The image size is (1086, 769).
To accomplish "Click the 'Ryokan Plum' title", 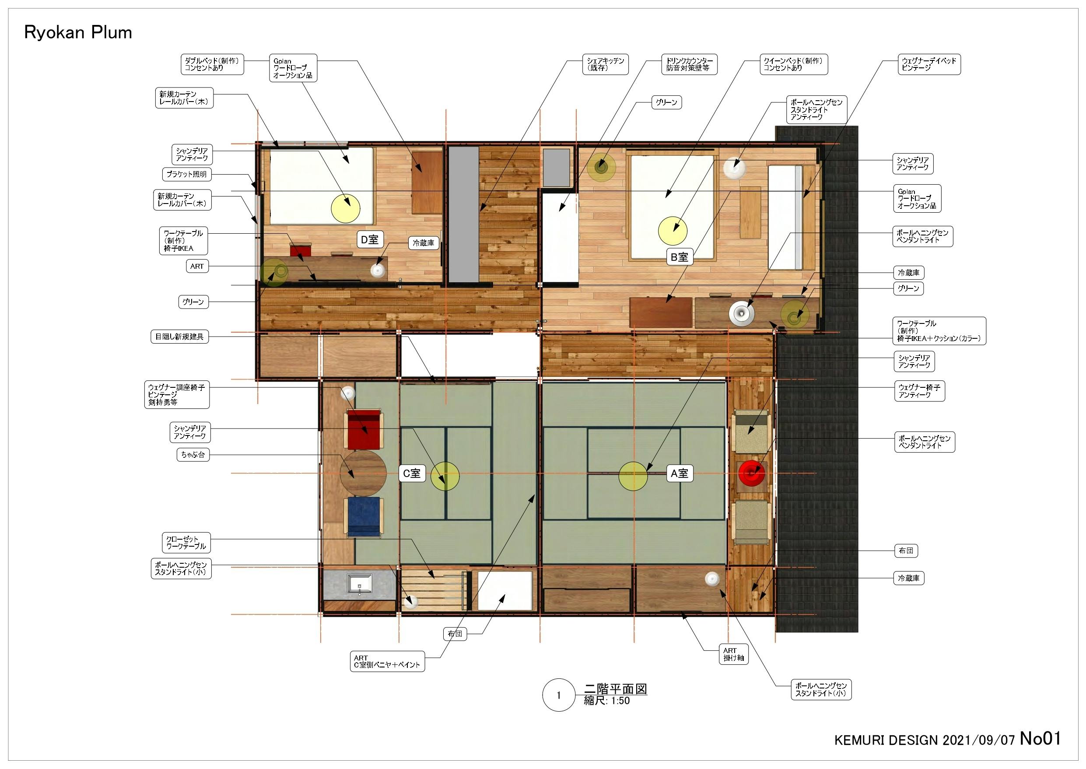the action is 78,33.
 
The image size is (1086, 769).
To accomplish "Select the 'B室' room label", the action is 680,257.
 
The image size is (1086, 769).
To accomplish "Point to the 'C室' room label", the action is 411,473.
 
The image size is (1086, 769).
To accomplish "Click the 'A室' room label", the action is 680,473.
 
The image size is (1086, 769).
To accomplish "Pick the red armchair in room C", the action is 364,429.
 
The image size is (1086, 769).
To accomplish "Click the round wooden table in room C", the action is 363,473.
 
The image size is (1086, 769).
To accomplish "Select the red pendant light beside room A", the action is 752,473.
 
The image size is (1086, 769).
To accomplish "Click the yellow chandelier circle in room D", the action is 346,208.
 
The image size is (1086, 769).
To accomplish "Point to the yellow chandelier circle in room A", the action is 633,476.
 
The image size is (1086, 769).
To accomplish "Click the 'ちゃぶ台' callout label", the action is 193,455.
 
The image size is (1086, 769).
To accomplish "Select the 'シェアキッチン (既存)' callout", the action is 605,64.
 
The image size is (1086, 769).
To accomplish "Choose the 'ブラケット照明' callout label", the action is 186,174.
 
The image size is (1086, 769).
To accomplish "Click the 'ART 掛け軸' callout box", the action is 733,654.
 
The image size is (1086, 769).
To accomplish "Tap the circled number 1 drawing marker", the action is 559,695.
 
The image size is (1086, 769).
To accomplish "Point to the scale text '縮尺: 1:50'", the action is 607,701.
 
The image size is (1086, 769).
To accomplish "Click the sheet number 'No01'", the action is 1040,738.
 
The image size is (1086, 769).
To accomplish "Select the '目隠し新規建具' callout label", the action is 179,337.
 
